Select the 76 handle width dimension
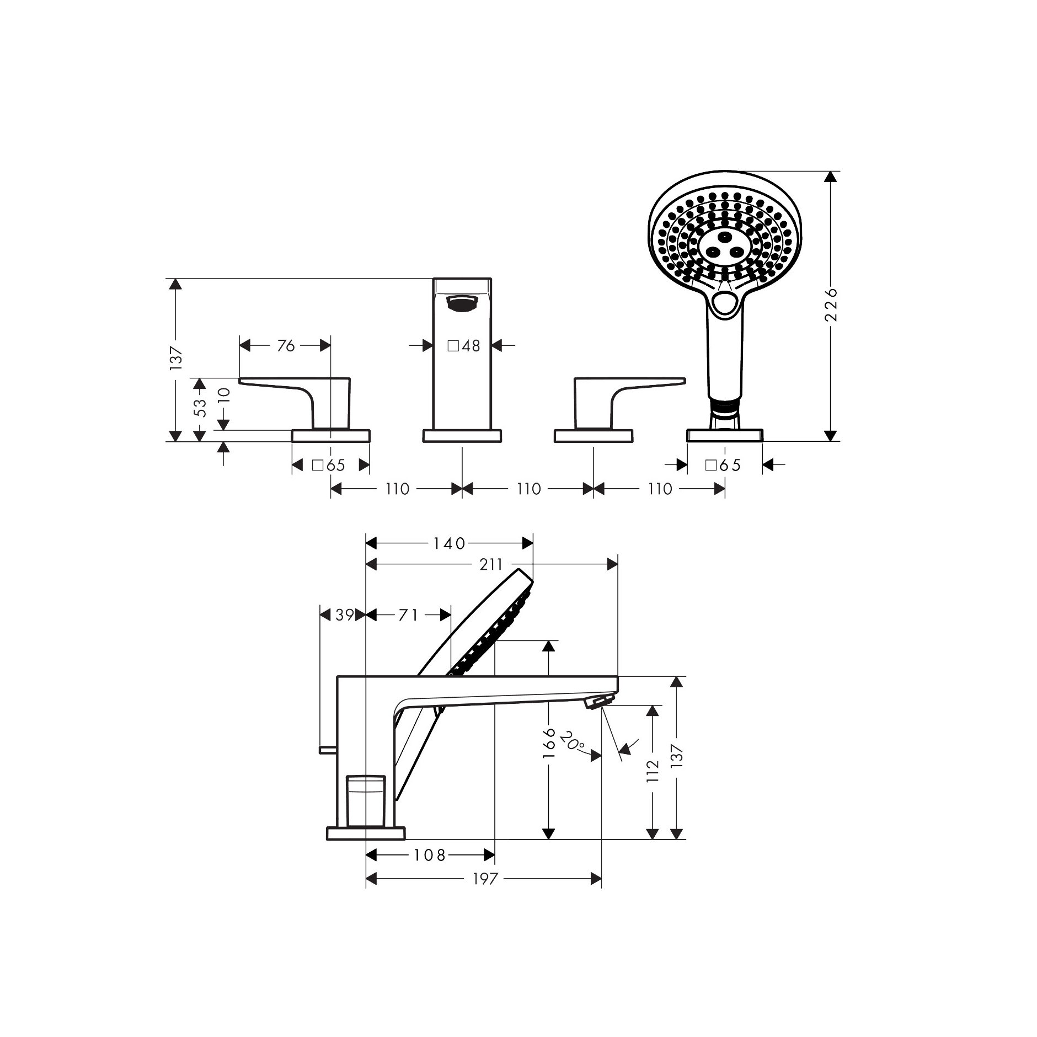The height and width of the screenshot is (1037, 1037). pyautogui.click(x=286, y=346)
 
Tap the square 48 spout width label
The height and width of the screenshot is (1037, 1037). pyautogui.click(x=463, y=346)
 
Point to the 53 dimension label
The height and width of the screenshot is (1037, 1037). pyautogui.click(x=200, y=408)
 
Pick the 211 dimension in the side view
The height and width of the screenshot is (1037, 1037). pyautogui.click(x=491, y=564)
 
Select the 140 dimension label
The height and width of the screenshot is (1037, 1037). pyautogui.click(x=450, y=544)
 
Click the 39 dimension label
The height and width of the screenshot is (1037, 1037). pyautogui.click(x=345, y=615)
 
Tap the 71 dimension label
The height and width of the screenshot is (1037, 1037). pyautogui.click(x=408, y=615)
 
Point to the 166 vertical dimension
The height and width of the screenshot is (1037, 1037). pyautogui.click(x=549, y=742)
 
